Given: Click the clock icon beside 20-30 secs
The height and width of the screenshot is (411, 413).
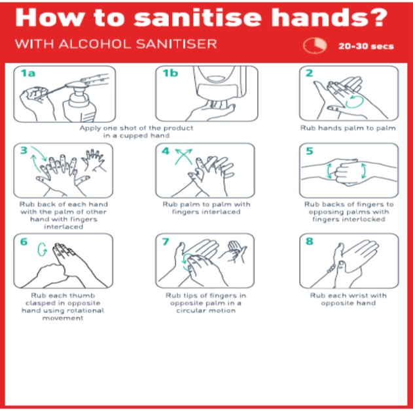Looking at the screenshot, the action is (x=315, y=46).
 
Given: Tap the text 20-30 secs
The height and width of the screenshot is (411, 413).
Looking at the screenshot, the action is (x=366, y=46).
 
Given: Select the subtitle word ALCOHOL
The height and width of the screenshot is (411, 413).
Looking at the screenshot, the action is (x=94, y=44).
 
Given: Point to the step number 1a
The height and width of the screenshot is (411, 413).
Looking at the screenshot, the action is (x=28, y=73).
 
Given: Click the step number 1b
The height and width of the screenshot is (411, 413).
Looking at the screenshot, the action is (x=170, y=73).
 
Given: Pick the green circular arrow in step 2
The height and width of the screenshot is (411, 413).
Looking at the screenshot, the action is (x=355, y=102).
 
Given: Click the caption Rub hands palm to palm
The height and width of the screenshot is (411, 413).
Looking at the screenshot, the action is (x=348, y=128).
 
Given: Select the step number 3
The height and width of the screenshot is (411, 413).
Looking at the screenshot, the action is (x=24, y=150).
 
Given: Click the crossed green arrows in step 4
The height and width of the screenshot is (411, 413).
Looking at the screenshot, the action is (x=183, y=157).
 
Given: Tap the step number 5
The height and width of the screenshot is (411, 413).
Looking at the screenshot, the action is (x=310, y=151).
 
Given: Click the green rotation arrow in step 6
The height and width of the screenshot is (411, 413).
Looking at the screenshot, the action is (x=42, y=249).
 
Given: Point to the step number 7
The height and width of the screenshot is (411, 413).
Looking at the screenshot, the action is (x=166, y=241).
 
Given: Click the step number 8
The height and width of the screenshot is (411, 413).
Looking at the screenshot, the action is (x=310, y=241).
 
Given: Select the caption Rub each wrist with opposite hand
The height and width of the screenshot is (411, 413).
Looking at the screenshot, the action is (x=348, y=299).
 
